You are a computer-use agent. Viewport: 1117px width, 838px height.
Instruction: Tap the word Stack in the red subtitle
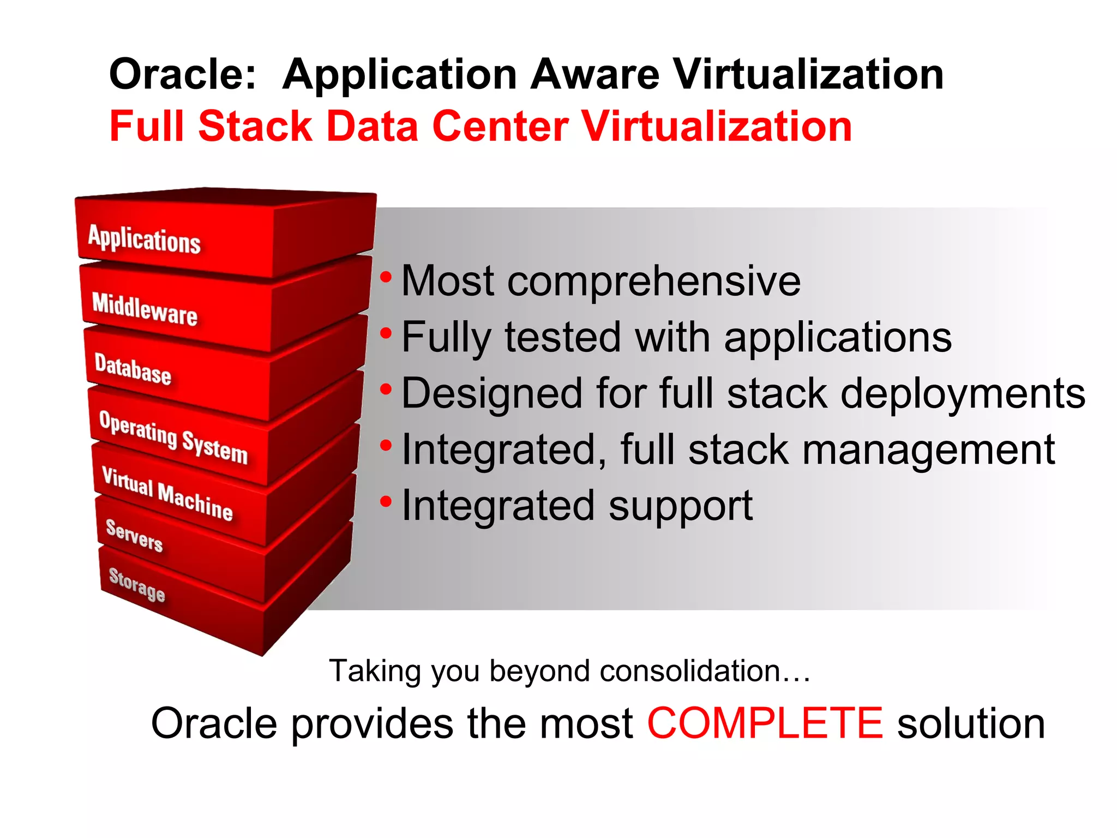click(x=255, y=127)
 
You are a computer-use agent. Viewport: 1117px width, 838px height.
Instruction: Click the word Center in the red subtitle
click(x=500, y=127)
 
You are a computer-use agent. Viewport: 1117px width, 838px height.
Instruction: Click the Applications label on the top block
click(x=145, y=240)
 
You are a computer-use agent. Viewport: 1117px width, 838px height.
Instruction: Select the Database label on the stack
click(x=133, y=369)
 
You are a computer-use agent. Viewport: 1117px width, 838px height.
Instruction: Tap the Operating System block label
click(x=173, y=437)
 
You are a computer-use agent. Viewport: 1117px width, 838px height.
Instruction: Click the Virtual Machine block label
click(x=167, y=494)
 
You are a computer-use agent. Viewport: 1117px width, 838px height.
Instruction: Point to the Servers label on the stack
click(x=134, y=535)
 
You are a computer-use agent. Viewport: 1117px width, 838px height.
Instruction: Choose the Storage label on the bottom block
click(x=137, y=584)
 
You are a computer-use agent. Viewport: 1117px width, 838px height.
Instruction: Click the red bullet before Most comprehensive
click(x=386, y=277)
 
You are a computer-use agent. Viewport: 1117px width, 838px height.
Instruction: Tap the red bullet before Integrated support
click(x=386, y=501)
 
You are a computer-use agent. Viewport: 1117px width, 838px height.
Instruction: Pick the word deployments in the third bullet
click(x=963, y=394)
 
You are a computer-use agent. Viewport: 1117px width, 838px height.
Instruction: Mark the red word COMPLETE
click(x=765, y=723)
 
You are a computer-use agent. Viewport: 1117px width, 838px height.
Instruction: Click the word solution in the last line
click(x=971, y=723)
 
